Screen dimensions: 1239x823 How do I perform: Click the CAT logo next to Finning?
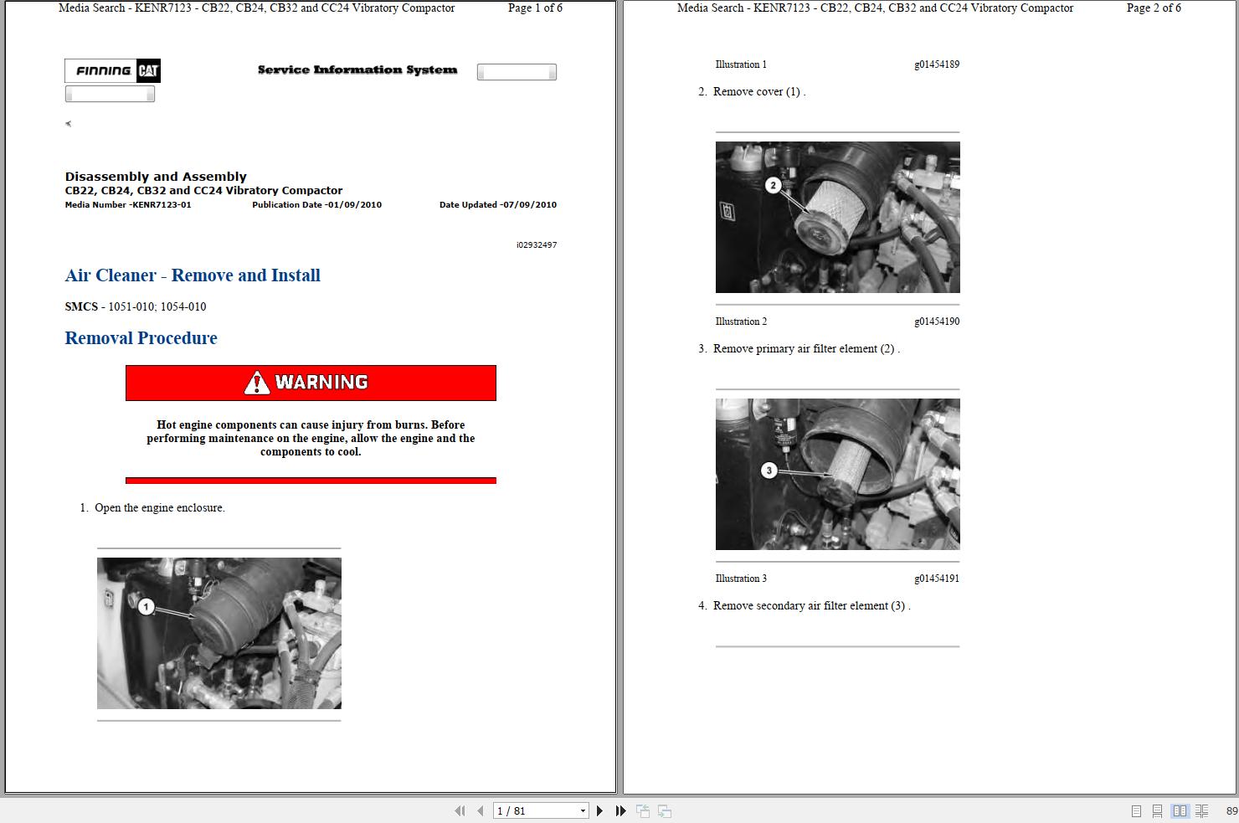(148, 70)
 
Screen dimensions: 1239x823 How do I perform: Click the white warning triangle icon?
(257, 382)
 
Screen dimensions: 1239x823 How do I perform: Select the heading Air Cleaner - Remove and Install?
(193, 275)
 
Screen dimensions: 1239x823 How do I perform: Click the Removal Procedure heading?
(141, 338)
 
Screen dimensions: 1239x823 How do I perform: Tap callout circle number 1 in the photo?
(146, 607)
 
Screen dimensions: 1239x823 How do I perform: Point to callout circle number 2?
(774, 185)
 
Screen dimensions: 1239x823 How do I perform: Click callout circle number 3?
(769, 471)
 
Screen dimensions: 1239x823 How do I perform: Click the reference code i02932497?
(537, 244)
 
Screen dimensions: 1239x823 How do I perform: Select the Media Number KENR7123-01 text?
(128, 204)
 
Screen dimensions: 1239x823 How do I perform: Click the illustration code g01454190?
(937, 321)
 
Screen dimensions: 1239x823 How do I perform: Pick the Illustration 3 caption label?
(741, 578)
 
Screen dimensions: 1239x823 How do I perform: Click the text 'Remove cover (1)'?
(756, 92)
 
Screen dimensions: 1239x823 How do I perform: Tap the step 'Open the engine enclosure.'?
(160, 507)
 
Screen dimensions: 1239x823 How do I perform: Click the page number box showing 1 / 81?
(541, 810)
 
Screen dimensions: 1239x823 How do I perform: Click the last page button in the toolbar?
(621, 810)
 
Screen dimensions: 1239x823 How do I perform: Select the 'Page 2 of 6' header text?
(1154, 8)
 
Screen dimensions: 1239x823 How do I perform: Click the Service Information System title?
(357, 69)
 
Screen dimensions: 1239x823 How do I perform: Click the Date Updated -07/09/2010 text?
(498, 204)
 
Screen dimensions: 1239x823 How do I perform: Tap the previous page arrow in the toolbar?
(481, 810)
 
